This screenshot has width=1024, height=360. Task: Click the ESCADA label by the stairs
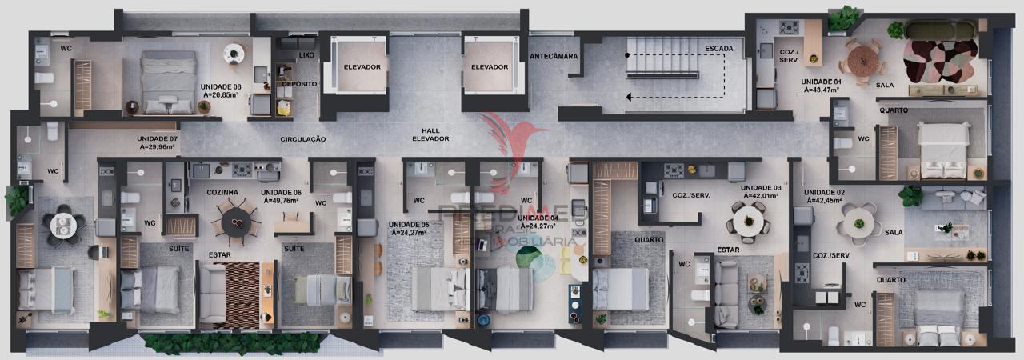tap(718, 49)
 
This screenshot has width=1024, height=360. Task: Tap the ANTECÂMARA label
tap(554, 56)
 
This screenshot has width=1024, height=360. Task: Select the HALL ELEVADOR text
tap(430, 134)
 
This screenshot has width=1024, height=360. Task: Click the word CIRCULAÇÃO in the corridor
tap(303, 139)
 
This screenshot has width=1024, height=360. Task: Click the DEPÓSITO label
tap(299, 84)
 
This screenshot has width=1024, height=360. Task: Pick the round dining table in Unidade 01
tap(863, 58)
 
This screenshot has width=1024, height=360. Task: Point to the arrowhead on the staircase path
tap(629, 97)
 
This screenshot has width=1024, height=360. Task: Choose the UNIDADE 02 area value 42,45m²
tap(825, 201)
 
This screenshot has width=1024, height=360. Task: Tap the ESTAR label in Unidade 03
tap(727, 250)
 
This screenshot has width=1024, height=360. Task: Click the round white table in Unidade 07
tap(62, 226)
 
